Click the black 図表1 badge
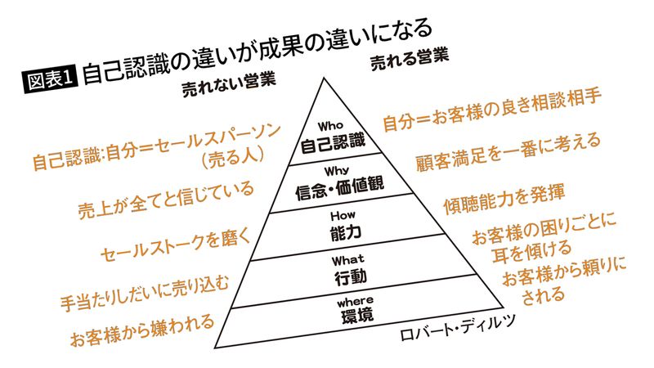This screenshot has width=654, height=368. (x=51, y=79)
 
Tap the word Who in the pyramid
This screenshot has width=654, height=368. (x=330, y=126)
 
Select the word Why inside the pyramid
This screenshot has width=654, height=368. (x=337, y=171)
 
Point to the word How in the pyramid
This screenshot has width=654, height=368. (x=343, y=216)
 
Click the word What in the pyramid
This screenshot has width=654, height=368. (x=348, y=260)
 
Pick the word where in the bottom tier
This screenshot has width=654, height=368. (x=355, y=301)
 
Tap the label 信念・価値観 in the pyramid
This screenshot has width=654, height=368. (x=339, y=189)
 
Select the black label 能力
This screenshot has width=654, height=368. (x=345, y=233)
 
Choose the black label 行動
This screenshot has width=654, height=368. (x=351, y=277)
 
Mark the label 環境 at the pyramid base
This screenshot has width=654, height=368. (x=357, y=316)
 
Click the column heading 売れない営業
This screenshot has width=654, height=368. (x=229, y=85)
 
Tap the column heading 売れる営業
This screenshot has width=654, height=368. (x=410, y=60)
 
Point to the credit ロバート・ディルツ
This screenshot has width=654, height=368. (x=458, y=329)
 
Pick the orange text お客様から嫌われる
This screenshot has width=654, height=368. (x=141, y=330)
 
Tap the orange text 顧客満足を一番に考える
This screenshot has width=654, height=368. (x=508, y=153)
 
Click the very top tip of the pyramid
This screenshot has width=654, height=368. (x=324, y=78)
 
